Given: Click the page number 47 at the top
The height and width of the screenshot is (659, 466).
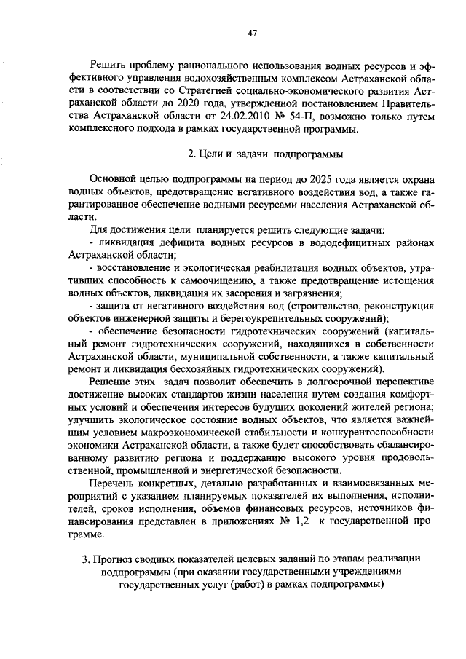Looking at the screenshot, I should [253, 32].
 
